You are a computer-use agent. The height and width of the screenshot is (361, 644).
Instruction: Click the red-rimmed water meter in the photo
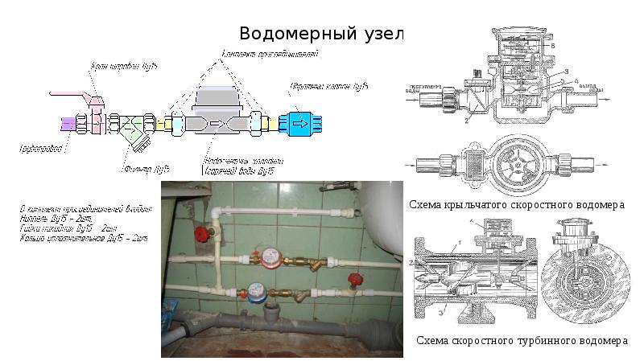coord(266,256)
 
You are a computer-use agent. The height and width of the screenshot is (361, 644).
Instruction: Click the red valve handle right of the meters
coord(351,280)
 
